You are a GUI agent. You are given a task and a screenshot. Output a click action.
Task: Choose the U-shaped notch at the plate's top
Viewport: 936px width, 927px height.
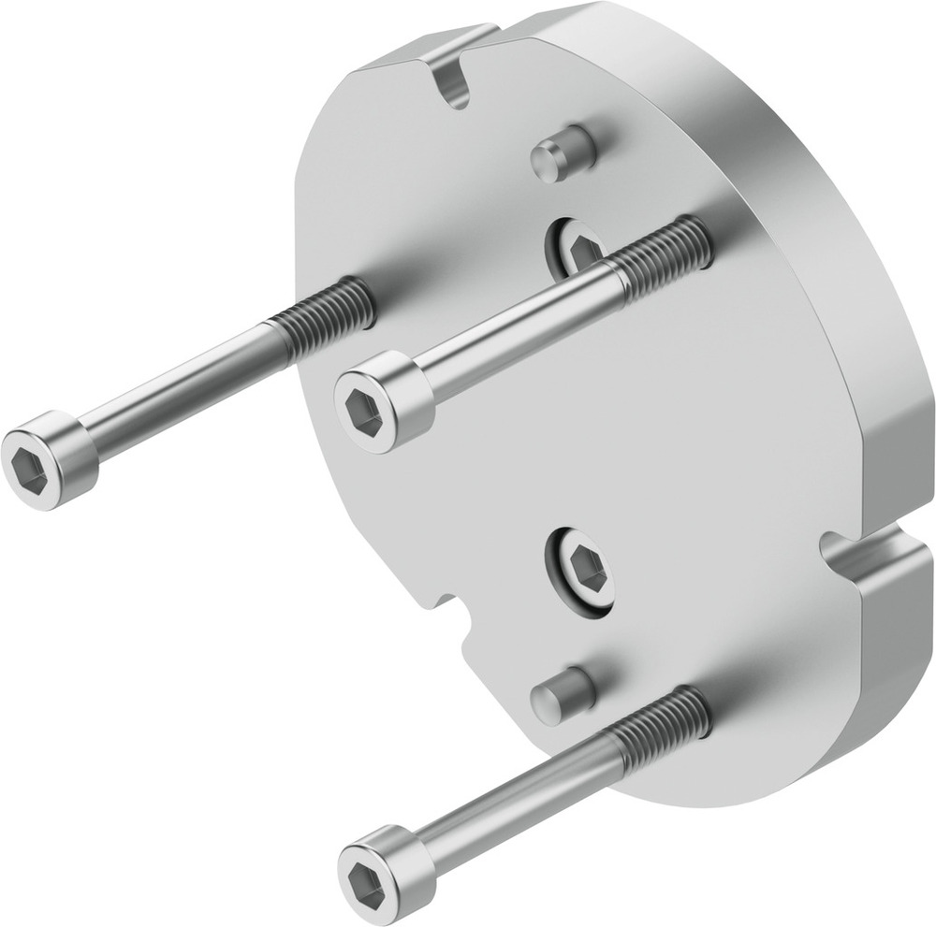pos(455,80)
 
